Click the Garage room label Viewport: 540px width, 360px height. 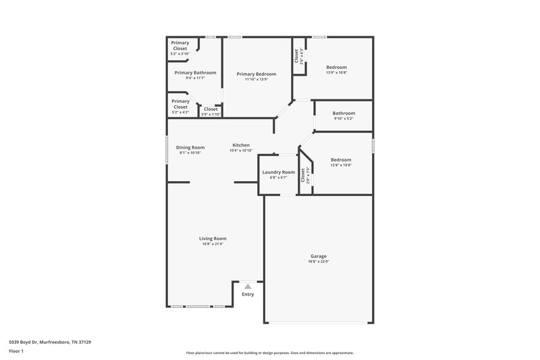click(319, 255)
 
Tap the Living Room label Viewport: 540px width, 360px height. click(212, 238)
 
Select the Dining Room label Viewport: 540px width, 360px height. click(190, 147)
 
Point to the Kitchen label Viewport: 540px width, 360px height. click(241, 145)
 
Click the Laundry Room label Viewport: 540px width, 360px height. click(278, 172)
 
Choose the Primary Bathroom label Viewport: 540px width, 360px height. click(195, 72)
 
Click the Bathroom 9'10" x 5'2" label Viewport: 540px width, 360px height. click(343, 113)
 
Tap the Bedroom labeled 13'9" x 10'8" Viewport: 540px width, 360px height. click(336, 67)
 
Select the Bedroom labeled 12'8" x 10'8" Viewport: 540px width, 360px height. click(340, 159)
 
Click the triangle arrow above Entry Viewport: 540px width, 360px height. click(248, 286)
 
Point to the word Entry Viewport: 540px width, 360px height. click(248, 294)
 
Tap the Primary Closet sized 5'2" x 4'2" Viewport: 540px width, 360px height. click(180, 104)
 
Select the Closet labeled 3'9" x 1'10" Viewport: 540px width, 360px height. click(211, 109)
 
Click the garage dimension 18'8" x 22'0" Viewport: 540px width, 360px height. click(319, 261)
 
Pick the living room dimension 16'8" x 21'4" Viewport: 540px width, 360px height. click(212, 244)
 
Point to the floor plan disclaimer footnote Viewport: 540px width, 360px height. click(269, 353)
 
